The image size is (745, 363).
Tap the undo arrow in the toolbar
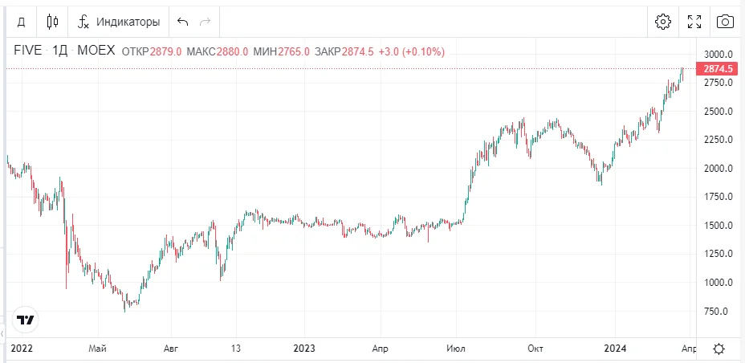183,22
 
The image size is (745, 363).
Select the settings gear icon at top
663,22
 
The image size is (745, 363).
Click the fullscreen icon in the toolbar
694,22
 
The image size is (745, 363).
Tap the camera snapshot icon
725,22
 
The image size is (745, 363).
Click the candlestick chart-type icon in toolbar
52,22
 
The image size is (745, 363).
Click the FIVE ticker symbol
28,51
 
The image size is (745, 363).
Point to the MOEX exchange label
96,51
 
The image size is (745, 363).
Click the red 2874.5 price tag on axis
719,69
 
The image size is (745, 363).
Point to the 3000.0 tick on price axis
719,55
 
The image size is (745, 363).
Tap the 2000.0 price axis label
719,169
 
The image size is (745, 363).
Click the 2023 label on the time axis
303,349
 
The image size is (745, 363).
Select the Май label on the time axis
98,349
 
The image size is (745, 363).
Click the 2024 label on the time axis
615,349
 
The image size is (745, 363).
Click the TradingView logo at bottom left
26,319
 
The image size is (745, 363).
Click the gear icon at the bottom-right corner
719,349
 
